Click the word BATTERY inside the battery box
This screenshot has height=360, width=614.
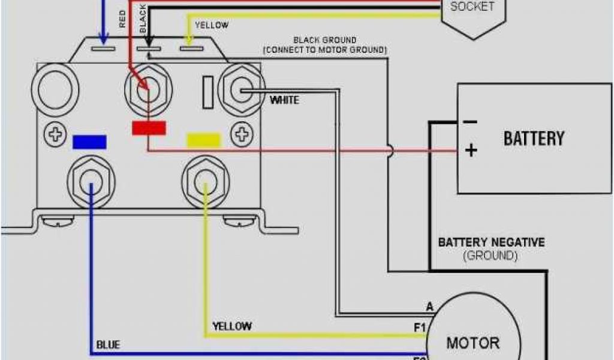pyautogui.click(x=534, y=139)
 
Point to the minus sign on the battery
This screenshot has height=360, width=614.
pyautogui.click(x=470, y=122)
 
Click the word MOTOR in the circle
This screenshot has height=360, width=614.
pyautogui.click(x=472, y=343)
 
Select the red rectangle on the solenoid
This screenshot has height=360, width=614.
pyautogui.click(x=149, y=128)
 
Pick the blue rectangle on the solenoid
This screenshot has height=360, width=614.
pyautogui.click(x=89, y=142)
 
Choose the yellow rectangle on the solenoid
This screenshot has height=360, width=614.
pyautogui.click(x=204, y=140)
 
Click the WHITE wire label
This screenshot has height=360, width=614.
pyautogui.click(x=284, y=100)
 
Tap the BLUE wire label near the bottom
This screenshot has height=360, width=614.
pyautogui.click(x=108, y=345)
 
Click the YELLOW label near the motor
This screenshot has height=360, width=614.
pyautogui.click(x=231, y=326)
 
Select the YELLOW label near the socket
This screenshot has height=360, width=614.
pyautogui.click(x=211, y=25)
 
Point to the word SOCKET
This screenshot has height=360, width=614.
pyautogui.click(x=472, y=7)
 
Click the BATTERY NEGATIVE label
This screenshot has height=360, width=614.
pyautogui.click(x=491, y=243)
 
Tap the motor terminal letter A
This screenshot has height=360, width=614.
pyautogui.click(x=429, y=307)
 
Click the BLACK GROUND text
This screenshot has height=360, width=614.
pyautogui.click(x=324, y=40)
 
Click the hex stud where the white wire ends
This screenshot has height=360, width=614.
pyautogui.click(x=242, y=91)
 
